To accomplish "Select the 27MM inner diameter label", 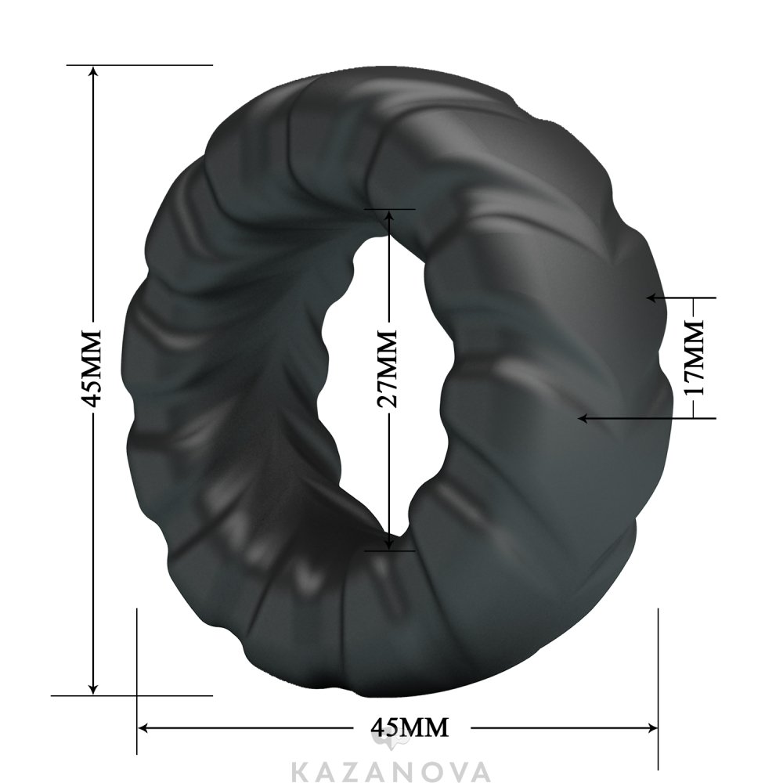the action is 387,369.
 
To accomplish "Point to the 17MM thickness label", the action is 693,358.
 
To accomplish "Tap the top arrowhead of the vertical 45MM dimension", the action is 92,74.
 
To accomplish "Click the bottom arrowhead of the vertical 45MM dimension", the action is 92,686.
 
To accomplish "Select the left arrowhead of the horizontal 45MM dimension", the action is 146,727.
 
